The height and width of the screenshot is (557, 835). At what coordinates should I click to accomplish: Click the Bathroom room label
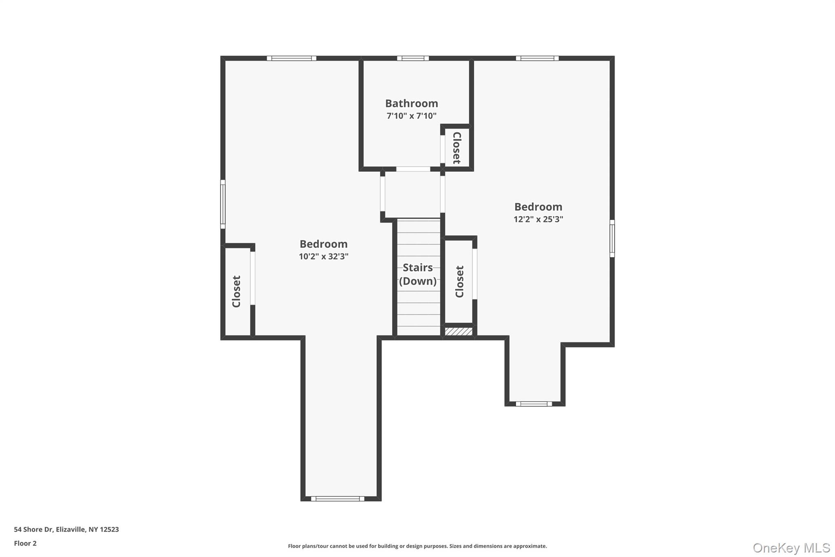click(x=411, y=103)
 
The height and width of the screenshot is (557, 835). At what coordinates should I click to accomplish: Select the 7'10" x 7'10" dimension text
click(x=411, y=116)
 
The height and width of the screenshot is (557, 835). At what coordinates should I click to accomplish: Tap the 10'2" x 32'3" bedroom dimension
click(x=323, y=257)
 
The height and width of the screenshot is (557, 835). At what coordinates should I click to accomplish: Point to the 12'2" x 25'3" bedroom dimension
click(x=538, y=219)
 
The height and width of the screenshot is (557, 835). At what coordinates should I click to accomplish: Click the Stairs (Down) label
click(x=417, y=274)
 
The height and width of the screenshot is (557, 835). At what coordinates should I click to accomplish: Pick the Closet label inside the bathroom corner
click(x=457, y=148)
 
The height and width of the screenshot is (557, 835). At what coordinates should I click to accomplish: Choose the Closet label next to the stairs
click(x=459, y=282)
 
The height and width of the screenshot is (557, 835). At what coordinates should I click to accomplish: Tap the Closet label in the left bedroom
click(x=236, y=291)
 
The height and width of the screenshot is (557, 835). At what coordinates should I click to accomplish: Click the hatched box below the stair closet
click(x=458, y=331)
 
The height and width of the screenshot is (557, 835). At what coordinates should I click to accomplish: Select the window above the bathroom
click(x=413, y=58)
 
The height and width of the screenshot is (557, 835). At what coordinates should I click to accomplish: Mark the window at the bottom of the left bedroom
click(x=338, y=498)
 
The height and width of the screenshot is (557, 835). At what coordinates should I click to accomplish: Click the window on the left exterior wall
click(x=223, y=204)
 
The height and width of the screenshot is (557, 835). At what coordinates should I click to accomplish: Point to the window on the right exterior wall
click(x=612, y=238)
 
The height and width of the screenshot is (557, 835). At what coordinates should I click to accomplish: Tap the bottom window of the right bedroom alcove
click(x=534, y=404)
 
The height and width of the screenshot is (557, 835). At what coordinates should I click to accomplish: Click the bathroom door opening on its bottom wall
click(x=413, y=169)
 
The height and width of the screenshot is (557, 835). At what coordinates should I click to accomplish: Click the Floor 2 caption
click(x=25, y=543)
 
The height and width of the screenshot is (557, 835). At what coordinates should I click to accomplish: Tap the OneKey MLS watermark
click(x=791, y=548)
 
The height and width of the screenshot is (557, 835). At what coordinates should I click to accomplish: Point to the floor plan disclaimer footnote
click(x=417, y=546)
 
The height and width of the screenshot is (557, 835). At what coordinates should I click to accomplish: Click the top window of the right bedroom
click(x=537, y=58)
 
